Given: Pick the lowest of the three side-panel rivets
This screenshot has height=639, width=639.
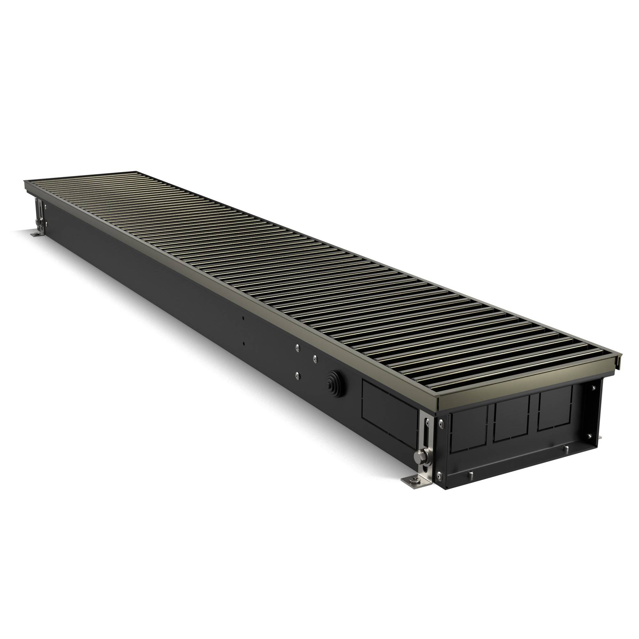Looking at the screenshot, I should tap(297, 374).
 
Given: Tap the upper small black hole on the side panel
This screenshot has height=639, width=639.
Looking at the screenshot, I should tap(243, 318).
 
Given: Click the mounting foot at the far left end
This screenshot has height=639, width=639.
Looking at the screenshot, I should tap(35, 235).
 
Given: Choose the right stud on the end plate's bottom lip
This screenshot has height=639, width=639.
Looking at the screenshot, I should tap(565, 449).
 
